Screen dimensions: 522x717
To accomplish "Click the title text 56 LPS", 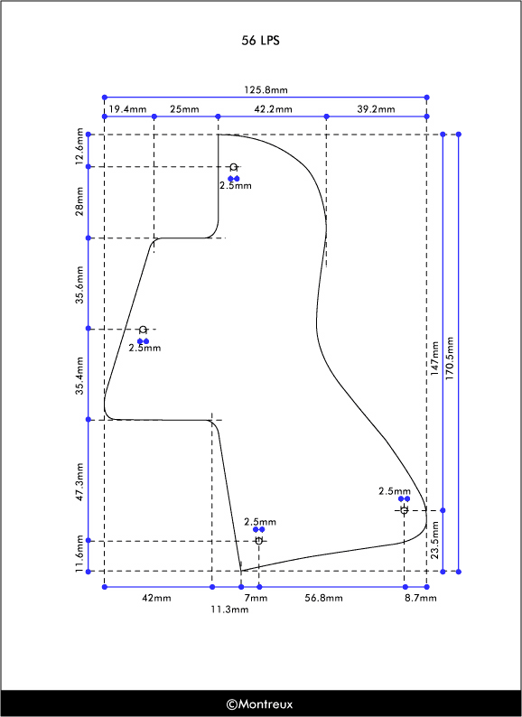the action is (260, 41).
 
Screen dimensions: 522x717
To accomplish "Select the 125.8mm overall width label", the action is (266, 89).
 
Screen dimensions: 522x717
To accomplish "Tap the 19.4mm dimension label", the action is (127, 109).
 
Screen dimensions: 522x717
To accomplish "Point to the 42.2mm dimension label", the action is (273, 109).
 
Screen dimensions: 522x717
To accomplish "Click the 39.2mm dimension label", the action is (376, 109).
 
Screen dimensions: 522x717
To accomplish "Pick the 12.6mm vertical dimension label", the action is (79, 146).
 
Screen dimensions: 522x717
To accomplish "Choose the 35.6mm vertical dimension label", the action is (79, 284).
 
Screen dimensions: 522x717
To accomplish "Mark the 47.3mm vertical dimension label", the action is (79, 481).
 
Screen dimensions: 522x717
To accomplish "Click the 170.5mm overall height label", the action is (450, 358).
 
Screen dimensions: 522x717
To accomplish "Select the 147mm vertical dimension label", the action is (434, 358).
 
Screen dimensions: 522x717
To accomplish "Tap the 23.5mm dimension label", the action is (434, 540).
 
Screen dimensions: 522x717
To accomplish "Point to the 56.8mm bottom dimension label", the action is (323, 598).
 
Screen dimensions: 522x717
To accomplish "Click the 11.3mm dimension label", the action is (229, 610).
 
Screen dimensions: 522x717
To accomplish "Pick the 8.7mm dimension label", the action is (421, 598).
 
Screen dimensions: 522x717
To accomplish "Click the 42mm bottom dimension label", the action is (156, 598).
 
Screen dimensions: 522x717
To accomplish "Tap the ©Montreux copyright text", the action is (259, 703).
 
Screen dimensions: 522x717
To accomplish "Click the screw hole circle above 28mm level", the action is (234, 167).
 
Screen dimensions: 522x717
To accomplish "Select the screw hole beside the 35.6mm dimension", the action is (144, 330).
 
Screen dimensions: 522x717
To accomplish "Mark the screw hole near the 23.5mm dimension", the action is (404, 510).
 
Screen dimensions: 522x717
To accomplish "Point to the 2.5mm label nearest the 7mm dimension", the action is (260, 521).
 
